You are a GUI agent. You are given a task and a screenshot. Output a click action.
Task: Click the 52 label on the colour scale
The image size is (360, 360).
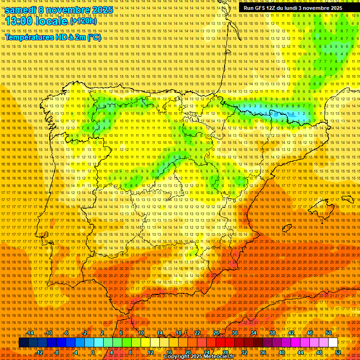coord(338,352)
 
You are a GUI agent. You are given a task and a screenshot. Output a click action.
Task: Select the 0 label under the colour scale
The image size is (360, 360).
coord(93,352)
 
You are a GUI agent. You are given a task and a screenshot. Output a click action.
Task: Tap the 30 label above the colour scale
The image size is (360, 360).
coord(234,333)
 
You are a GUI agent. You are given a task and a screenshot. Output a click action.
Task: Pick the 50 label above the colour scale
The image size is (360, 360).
coord(328,333)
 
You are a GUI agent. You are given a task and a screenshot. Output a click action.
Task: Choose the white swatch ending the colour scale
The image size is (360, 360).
coord(333,343)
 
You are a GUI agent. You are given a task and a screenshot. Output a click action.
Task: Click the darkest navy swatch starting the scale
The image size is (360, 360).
coord(23,343)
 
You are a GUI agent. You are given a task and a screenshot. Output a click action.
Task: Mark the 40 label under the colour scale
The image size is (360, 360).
coord(281,352)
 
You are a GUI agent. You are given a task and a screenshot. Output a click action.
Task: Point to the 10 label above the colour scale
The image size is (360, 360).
coord(141,333)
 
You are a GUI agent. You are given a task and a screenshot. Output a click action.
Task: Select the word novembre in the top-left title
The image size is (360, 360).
coord(71,10)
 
